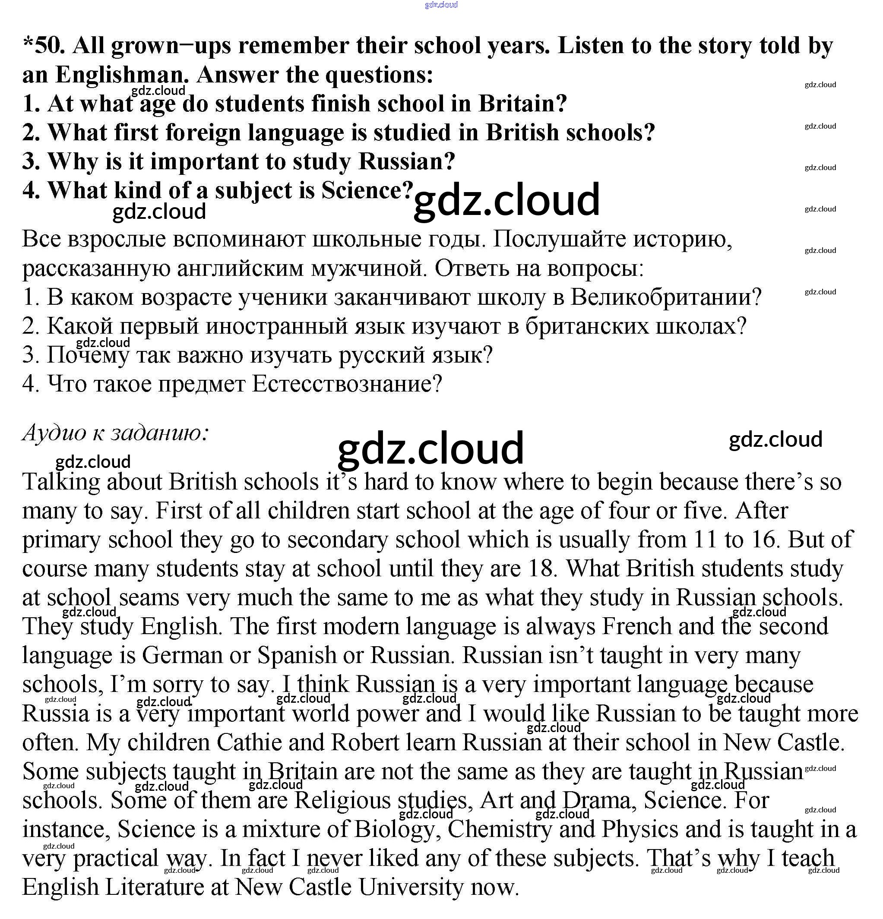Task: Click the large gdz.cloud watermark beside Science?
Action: click(x=506, y=200)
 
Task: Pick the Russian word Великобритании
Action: click(x=666, y=297)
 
